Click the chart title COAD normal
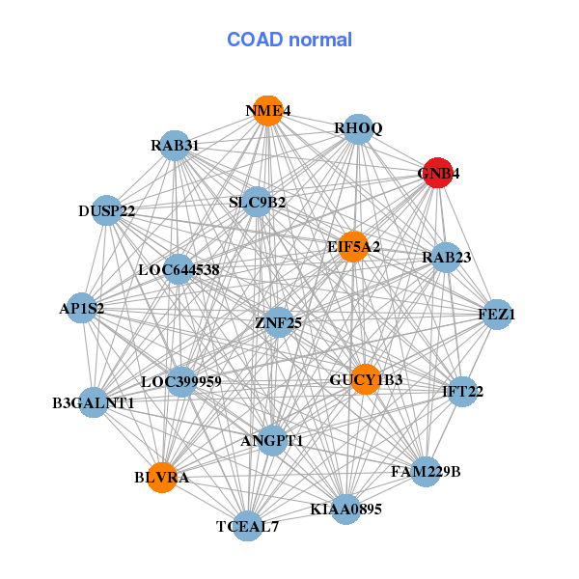pos(289,40)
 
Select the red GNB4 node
pos(438,174)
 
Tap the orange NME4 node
pos(266,111)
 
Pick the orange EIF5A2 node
pos(353,246)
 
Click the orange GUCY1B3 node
pos(365,379)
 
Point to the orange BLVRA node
pos(163,477)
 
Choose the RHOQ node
pos(358,128)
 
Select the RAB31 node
pos(175,146)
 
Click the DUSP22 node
pos(107,210)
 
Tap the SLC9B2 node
pos(257,202)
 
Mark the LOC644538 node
pos(179,270)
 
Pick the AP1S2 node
pos(82,309)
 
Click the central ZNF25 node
pos(278,322)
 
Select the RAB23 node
pos(445,258)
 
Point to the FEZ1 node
pos(497,315)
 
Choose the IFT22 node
pos(462,392)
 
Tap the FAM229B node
pos(426,471)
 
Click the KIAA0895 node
pos(345,509)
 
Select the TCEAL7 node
pos(248,526)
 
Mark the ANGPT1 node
pos(272,441)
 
